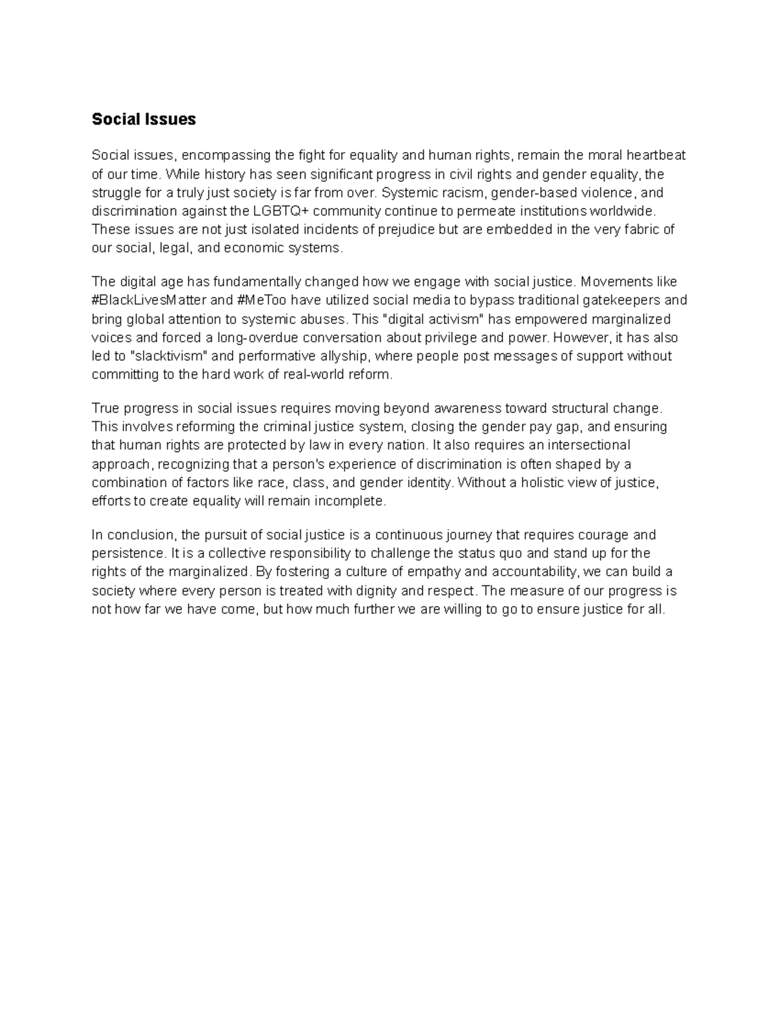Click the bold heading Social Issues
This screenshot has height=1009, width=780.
click(x=143, y=120)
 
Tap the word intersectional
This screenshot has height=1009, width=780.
click(x=589, y=446)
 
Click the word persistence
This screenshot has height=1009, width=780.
click(x=128, y=554)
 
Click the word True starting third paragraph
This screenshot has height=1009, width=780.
click(x=105, y=409)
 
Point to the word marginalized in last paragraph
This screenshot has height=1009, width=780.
click(x=209, y=572)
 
